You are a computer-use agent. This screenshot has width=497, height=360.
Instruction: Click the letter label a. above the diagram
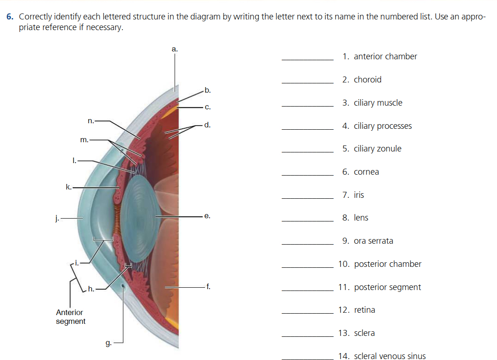pyautogui.click(x=174, y=49)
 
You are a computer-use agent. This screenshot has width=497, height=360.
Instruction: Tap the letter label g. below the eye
pyautogui.click(x=108, y=343)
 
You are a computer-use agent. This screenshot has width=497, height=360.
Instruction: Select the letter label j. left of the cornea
pyautogui.click(x=57, y=218)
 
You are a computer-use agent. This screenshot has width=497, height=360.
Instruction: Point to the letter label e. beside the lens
pyautogui.click(x=207, y=216)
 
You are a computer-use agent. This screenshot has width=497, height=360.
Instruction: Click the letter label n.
pyautogui.click(x=91, y=121)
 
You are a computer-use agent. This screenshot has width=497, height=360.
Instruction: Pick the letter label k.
pyautogui.click(x=69, y=187)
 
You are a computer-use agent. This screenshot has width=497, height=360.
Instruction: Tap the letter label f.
pyautogui.click(x=208, y=287)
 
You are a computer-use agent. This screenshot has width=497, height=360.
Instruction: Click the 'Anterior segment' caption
pyautogui.click(x=70, y=317)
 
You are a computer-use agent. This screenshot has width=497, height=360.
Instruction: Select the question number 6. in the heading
pyautogui.click(x=10, y=17)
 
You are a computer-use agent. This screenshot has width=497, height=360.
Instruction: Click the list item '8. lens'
pyautogui.click(x=355, y=218)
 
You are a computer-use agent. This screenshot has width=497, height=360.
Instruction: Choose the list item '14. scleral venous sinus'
pyautogui.click(x=382, y=356)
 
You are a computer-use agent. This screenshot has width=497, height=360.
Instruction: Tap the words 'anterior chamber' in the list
pyautogui.click(x=385, y=57)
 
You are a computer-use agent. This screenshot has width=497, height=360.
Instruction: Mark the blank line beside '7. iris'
pyautogui.click(x=307, y=198)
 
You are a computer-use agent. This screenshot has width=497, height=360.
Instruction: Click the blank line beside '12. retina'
pyautogui.click(x=307, y=314)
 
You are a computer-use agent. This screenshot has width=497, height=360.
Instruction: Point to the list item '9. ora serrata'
pyautogui.click(x=367, y=241)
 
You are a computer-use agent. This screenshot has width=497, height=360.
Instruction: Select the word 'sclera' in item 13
pyautogui.click(x=364, y=333)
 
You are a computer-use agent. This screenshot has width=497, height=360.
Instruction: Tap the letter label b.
pyautogui.click(x=207, y=90)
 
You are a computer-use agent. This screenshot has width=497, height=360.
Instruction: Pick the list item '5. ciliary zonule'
pyautogui.click(x=372, y=149)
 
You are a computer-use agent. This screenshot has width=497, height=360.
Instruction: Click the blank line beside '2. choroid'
pyautogui.click(x=307, y=83)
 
